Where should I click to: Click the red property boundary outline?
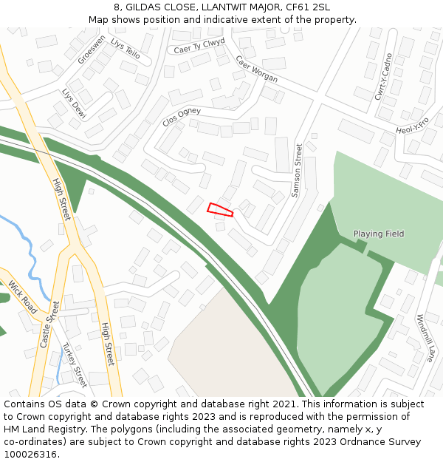click(220, 210)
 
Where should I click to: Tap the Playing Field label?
click(379, 234)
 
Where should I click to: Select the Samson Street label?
click(298, 170)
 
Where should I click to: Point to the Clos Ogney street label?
click(181, 117)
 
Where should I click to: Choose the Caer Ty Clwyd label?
click(199, 46)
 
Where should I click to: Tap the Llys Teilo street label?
click(125, 49)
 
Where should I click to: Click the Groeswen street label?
click(92, 49)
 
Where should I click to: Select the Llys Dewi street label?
click(74, 104)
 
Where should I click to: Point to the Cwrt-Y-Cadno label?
click(383, 76)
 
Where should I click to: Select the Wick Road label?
click(22, 296)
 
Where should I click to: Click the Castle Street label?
click(49, 324)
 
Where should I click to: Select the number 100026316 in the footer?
click(31, 454)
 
